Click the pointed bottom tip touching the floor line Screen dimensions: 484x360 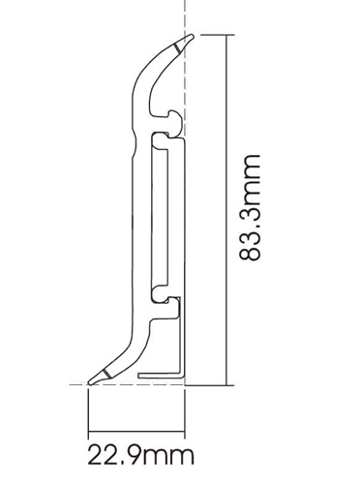90,383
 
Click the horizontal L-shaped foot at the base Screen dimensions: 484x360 160,376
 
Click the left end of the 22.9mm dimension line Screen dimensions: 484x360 89,432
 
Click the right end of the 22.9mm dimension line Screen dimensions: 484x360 184,432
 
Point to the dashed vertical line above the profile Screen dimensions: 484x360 184,15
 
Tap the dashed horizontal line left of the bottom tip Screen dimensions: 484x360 77,385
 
